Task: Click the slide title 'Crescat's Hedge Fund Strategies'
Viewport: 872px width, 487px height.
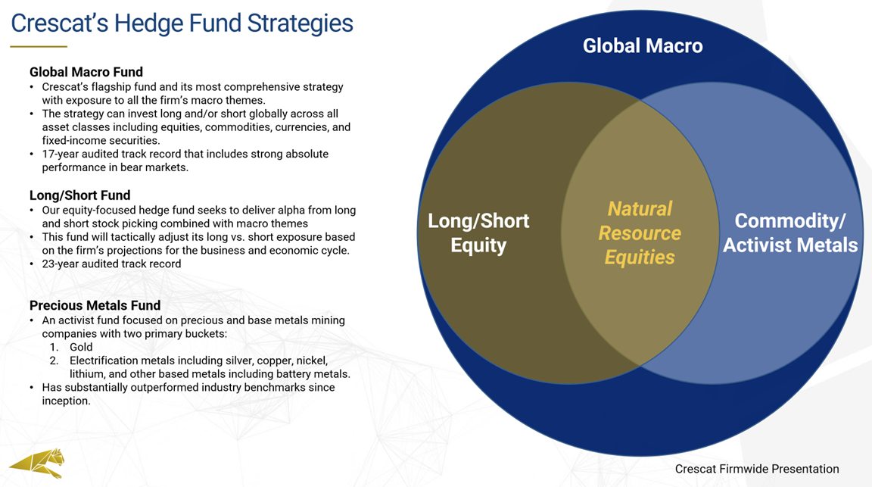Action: (x=182, y=23)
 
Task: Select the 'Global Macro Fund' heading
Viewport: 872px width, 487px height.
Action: (x=86, y=72)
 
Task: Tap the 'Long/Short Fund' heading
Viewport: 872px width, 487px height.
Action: (x=80, y=195)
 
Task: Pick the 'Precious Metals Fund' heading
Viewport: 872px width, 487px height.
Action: (x=95, y=305)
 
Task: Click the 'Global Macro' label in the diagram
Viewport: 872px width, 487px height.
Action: (x=643, y=45)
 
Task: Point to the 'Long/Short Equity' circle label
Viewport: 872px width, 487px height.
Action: (x=478, y=233)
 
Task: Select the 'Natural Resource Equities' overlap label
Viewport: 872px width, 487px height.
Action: (x=640, y=233)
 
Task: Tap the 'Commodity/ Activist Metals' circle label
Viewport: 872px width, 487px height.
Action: (x=790, y=233)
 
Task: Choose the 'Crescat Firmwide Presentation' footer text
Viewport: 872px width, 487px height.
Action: (x=757, y=469)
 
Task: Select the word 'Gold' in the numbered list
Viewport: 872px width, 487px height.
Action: (x=81, y=348)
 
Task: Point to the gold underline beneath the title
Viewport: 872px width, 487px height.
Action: (x=39, y=47)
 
